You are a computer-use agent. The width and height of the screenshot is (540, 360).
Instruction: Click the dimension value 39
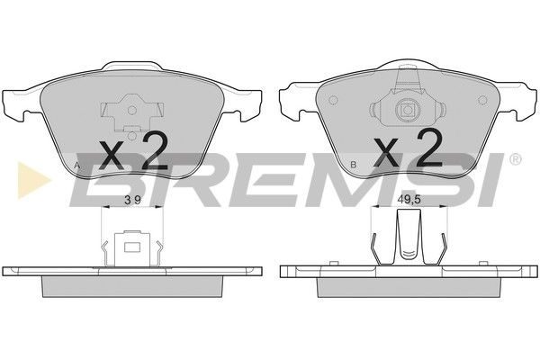point(132,200)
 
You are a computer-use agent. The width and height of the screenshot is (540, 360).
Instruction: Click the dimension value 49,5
point(409,200)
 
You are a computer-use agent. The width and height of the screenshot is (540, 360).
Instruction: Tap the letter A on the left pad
point(77,166)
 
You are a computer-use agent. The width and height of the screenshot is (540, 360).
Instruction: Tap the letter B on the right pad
point(353,165)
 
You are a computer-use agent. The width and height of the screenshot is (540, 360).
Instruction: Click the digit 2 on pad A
point(155,152)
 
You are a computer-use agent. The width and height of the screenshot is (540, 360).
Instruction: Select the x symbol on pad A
point(111,156)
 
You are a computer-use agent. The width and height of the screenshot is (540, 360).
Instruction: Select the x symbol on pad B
point(386,151)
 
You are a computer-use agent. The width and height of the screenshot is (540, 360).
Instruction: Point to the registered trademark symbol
point(515,158)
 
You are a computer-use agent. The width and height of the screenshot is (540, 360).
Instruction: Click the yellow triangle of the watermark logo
point(31,180)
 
